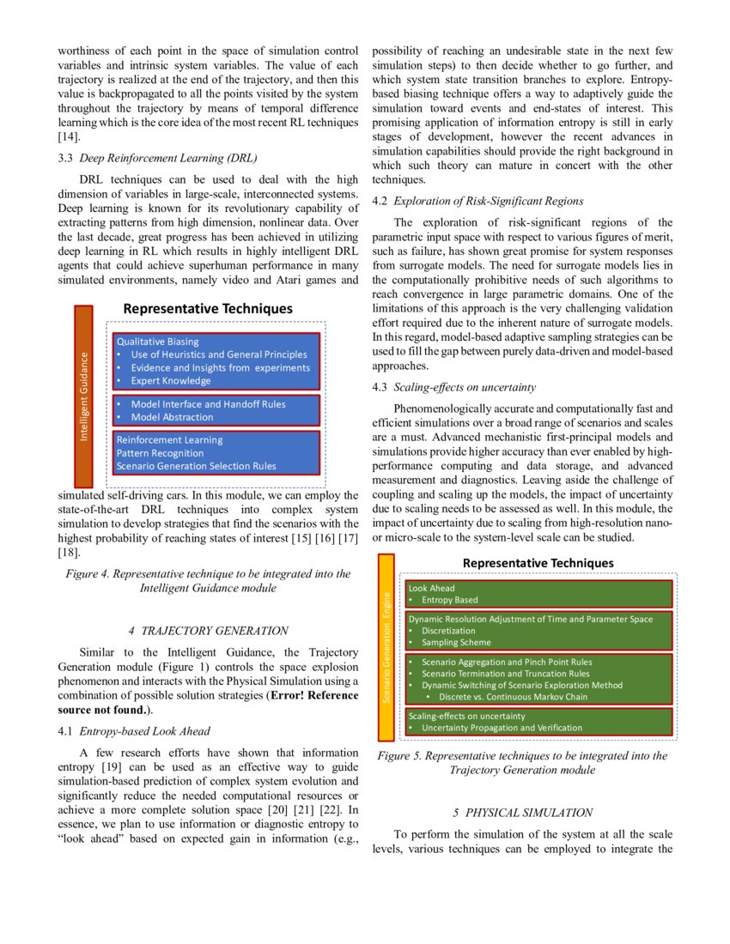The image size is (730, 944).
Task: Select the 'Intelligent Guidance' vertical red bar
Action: click(x=83, y=396)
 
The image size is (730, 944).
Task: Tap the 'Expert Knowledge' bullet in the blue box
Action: click(x=170, y=381)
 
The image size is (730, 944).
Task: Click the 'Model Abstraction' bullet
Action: click(x=172, y=417)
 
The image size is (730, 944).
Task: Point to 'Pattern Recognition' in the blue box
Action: click(x=161, y=453)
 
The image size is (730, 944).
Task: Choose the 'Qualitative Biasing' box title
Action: click(x=157, y=342)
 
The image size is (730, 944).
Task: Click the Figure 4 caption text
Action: click(x=208, y=581)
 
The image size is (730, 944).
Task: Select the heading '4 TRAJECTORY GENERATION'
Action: click(x=208, y=630)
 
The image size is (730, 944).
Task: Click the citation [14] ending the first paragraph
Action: click(x=69, y=137)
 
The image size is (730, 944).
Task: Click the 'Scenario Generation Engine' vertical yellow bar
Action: click(x=386, y=648)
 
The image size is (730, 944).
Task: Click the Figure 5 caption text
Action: click(x=522, y=763)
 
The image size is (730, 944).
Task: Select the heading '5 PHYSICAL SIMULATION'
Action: click(x=522, y=812)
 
